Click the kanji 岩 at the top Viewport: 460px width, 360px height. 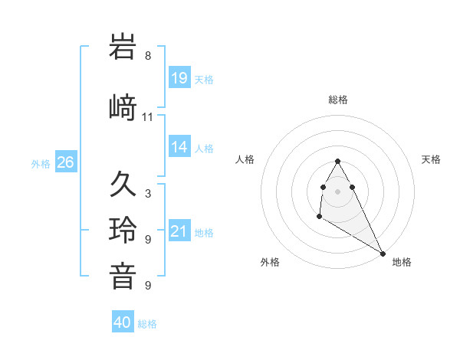coord(123,47)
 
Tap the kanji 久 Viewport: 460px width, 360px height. coord(123,185)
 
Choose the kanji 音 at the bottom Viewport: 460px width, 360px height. coord(123,277)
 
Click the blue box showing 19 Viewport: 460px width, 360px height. coord(179,77)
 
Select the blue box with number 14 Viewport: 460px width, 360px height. coord(179,147)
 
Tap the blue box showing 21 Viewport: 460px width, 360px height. coord(179,231)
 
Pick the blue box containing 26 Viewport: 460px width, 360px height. coord(66,162)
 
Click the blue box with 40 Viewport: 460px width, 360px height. coord(123,322)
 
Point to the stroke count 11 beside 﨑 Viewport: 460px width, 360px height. coord(148,117)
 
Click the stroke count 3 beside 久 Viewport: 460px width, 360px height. coord(148,194)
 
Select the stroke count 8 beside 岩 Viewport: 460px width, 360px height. coord(148,56)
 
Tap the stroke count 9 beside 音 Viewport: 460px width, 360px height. coord(148,286)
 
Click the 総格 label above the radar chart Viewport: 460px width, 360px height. coord(338,100)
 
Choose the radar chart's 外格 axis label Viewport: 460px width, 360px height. coord(270,262)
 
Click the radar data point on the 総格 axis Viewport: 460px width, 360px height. coord(337,161)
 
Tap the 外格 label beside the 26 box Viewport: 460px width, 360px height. coord(41,163)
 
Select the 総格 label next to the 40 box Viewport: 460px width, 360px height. coord(147,324)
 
